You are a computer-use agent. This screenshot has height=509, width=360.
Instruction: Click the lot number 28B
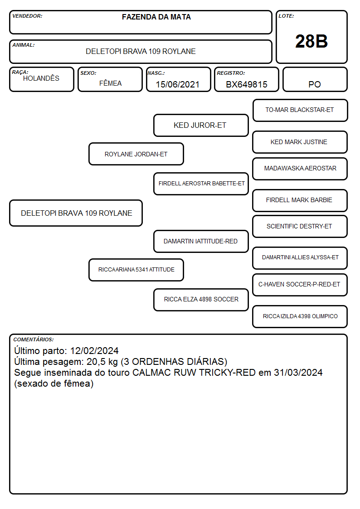(x=311, y=41)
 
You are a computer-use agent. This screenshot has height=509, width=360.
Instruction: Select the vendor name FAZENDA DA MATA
(x=156, y=17)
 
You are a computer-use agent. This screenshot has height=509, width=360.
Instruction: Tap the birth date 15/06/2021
(x=178, y=84)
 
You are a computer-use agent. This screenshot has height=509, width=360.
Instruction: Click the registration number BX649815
(x=247, y=84)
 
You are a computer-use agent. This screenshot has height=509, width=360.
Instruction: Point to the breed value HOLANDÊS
(x=41, y=78)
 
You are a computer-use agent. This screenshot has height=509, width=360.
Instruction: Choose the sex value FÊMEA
(x=110, y=83)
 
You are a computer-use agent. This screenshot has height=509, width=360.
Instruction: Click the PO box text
(x=315, y=84)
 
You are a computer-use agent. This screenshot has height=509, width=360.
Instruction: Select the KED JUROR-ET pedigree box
(x=201, y=125)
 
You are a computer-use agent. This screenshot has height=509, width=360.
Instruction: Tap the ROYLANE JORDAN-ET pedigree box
(x=136, y=154)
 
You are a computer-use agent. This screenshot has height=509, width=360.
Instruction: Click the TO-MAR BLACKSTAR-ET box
(x=300, y=110)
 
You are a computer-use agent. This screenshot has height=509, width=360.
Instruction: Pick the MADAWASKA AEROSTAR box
(x=300, y=169)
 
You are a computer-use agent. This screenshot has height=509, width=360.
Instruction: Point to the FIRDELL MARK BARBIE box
(x=300, y=200)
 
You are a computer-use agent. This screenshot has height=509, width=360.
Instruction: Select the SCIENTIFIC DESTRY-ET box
(x=300, y=227)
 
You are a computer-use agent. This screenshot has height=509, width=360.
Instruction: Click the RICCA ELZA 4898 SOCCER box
(x=201, y=300)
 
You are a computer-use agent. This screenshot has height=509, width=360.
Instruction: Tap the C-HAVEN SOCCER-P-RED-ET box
(x=300, y=285)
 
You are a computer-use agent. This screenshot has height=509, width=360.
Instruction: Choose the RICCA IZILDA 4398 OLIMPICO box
(x=300, y=316)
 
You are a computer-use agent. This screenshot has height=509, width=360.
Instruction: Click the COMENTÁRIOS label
(x=34, y=339)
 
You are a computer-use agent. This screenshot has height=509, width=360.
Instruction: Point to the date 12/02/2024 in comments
(x=94, y=351)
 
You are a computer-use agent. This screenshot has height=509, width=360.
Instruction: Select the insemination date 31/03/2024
(x=298, y=373)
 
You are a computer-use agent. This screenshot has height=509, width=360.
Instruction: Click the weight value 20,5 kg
(x=102, y=362)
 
